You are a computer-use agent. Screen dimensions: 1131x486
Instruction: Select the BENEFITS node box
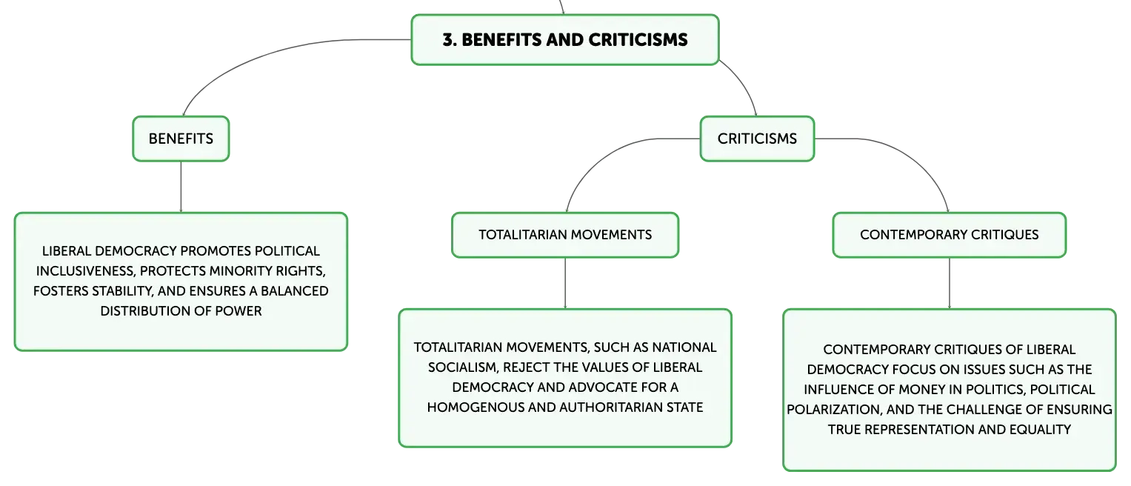tap(181, 139)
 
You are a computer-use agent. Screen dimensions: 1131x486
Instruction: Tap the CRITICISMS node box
tap(757, 139)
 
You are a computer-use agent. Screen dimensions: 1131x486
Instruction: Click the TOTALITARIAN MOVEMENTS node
tap(565, 235)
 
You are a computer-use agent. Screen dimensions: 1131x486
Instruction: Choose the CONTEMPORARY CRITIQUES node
tap(950, 235)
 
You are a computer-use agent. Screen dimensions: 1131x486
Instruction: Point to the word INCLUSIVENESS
tap(85, 271)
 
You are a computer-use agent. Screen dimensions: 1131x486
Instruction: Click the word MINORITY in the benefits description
tap(238, 271)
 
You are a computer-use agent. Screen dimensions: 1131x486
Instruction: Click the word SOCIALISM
tap(462, 367)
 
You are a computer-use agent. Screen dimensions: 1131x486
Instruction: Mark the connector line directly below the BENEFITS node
tap(181, 187)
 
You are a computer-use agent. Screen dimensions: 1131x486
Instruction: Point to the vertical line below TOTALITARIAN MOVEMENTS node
tap(565, 283)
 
